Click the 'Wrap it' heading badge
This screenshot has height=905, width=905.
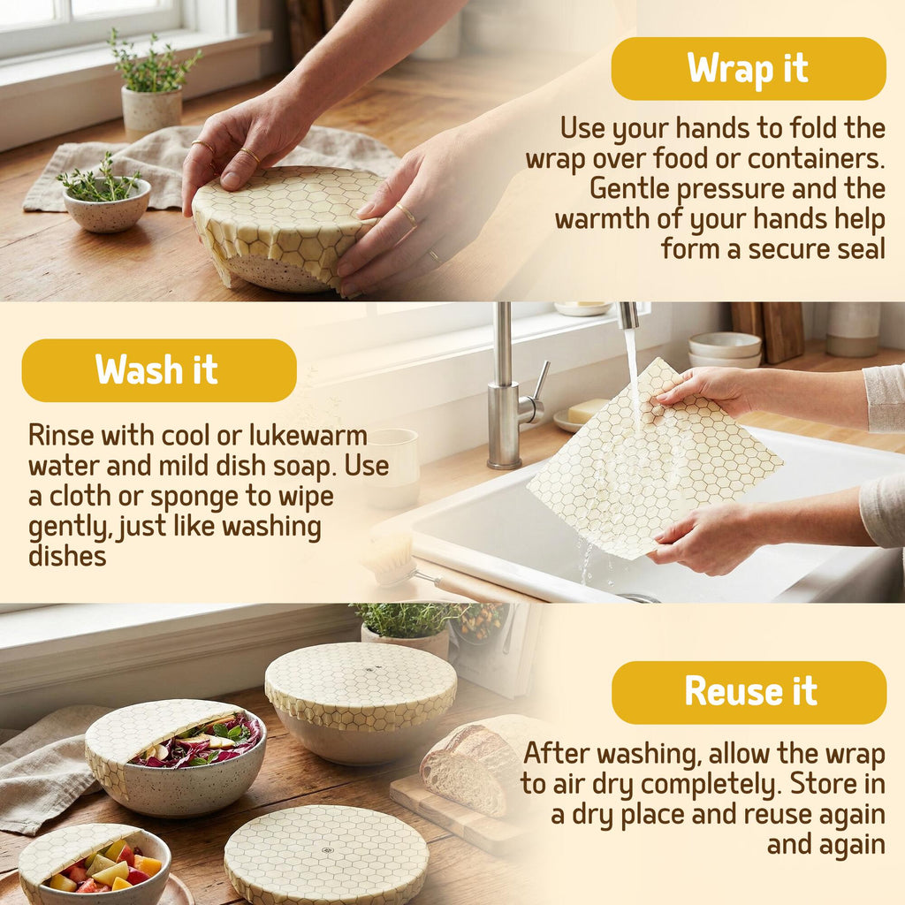[749, 69]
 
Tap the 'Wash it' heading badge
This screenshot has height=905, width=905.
[159, 370]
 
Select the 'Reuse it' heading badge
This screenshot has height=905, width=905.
[749, 692]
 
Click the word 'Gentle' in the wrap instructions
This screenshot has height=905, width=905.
[629, 189]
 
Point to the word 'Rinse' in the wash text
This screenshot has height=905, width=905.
[61, 435]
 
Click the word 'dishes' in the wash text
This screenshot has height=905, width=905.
[67, 557]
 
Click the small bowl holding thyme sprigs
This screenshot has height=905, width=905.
[107, 205]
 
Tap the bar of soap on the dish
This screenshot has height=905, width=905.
[587, 411]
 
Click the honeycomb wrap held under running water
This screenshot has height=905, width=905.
[655, 460]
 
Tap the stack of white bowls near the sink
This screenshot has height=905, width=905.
[725, 350]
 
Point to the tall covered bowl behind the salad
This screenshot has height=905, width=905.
[361, 700]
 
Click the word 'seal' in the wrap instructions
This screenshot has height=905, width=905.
[862, 248]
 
